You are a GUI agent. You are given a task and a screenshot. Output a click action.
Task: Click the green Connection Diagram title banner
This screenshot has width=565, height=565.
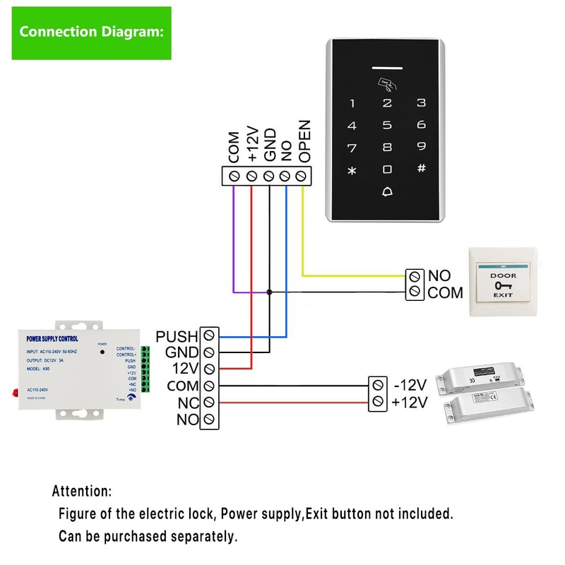tap(91, 32)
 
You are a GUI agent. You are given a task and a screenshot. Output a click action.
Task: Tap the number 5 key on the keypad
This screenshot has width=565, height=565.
tap(387, 126)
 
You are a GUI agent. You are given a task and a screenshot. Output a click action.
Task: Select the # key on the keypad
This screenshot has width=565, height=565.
tap(421, 169)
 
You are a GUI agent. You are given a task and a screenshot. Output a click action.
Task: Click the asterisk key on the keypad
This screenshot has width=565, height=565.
tap(352, 171)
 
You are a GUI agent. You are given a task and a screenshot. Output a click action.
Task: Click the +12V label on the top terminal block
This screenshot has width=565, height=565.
tap(252, 145)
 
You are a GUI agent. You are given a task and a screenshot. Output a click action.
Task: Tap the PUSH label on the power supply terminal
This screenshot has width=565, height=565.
tap(177, 336)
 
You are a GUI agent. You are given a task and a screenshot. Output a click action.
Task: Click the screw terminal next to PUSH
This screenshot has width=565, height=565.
tap(209, 336)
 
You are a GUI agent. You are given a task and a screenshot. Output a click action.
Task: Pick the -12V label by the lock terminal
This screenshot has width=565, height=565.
tap(409, 386)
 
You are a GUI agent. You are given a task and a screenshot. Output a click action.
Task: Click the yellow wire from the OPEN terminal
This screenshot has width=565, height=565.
tap(303, 233)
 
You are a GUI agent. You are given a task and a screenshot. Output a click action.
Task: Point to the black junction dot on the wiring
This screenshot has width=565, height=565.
tap(269, 291)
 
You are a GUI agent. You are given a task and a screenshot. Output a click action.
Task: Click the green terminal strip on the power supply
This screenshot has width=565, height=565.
tap(145, 369)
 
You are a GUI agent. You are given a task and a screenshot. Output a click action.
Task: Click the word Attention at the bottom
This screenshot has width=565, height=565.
tap(81, 491)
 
